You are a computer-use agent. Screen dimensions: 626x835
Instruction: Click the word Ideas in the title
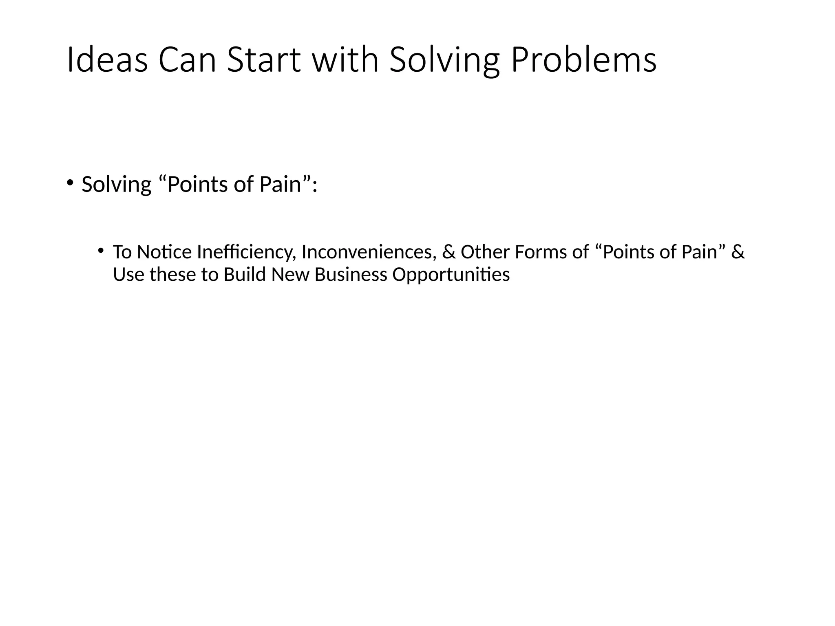tap(107, 60)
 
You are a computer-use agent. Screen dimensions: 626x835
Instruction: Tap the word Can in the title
tap(187, 60)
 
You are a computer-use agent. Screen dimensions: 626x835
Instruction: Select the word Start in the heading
tap(263, 60)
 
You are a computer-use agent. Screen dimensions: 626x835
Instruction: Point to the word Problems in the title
tap(583, 60)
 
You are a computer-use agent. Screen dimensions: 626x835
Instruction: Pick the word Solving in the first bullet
tap(117, 185)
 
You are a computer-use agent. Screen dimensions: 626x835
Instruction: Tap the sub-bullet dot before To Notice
tap(101, 250)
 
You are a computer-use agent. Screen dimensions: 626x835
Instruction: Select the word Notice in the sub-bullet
tap(164, 252)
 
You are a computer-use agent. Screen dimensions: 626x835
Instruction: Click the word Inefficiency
tap(246, 252)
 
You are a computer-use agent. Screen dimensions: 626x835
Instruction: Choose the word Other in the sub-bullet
tap(485, 252)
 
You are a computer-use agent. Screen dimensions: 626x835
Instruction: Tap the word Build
tap(245, 275)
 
